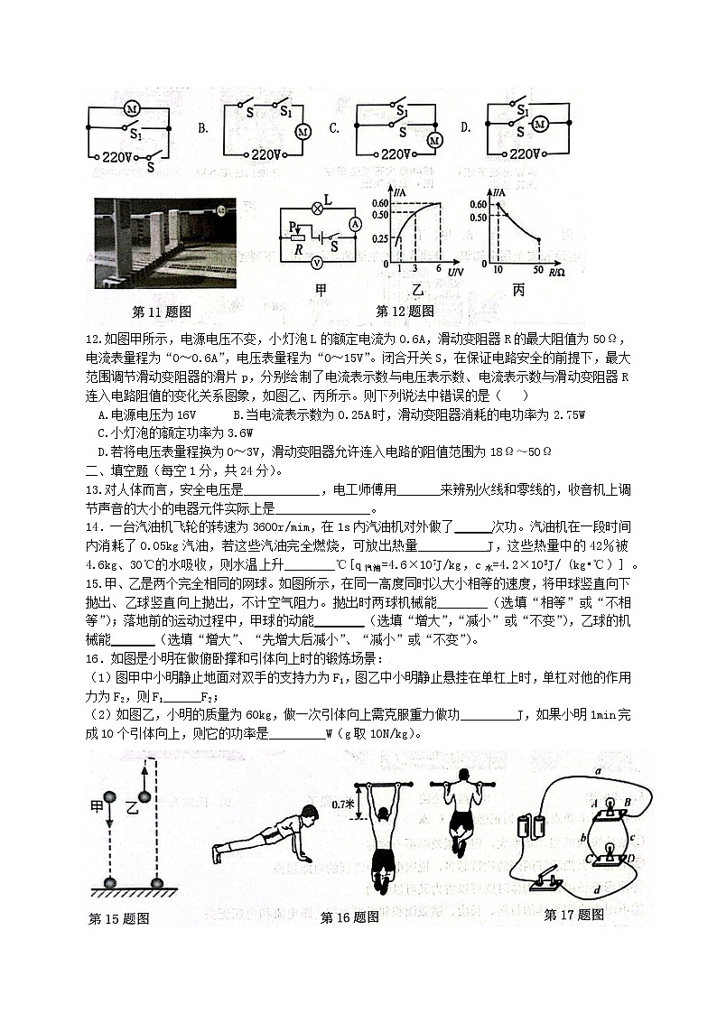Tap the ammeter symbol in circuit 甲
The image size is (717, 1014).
coord(355,222)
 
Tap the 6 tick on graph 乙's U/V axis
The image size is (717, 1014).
coord(440,270)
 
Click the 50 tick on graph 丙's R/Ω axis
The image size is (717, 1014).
coord(538,270)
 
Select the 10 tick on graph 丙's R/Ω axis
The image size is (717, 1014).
coord(497,270)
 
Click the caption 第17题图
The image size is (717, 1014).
coord(573,915)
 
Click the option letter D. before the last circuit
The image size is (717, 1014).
coord(466,128)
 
